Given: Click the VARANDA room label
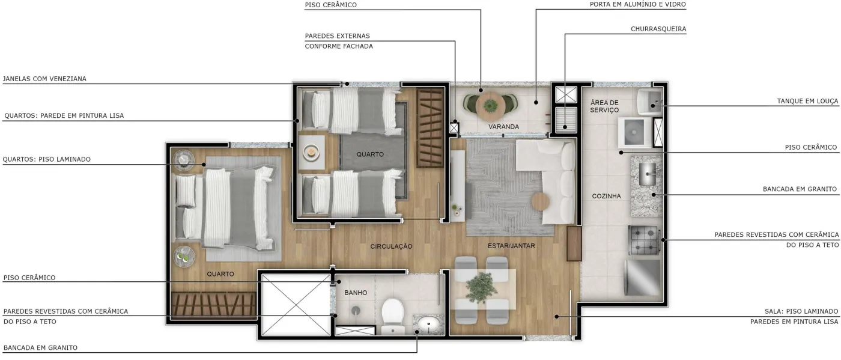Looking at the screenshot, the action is (x=503, y=127).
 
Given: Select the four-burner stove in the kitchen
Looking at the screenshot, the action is (x=644, y=240).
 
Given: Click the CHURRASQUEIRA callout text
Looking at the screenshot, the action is (x=658, y=29).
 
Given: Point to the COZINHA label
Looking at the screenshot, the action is (x=606, y=196).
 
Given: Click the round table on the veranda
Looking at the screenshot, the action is (x=490, y=106).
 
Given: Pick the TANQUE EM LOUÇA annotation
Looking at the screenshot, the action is (x=807, y=101).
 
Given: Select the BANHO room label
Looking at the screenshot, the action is (x=356, y=293).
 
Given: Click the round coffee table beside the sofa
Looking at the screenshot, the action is (x=540, y=202).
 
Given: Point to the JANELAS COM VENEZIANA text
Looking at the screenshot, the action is (x=44, y=79).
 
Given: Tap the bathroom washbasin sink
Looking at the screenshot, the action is (x=428, y=323).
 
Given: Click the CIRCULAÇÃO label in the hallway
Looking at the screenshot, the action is (x=391, y=246).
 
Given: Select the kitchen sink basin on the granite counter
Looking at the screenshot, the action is (x=648, y=174).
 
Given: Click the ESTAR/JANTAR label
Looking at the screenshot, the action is (x=511, y=246).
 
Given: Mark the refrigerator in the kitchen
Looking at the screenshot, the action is (x=642, y=277).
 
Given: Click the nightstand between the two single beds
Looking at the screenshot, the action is (x=311, y=152).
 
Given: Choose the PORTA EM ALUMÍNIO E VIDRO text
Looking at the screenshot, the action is (x=637, y=5).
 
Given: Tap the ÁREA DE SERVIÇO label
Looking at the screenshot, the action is (x=604, y=106).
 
